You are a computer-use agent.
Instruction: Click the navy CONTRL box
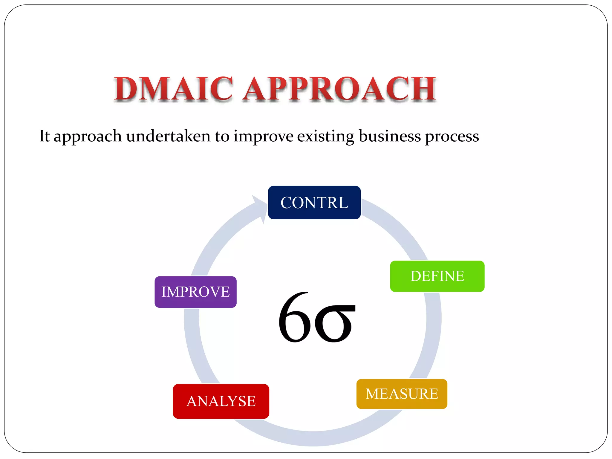coord(314,203)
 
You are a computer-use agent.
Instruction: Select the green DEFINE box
coord(437,276)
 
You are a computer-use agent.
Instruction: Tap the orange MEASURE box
coord(402,394)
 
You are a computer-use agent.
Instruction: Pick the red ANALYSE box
coord(221,401)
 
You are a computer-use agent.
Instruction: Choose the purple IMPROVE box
coord(195,292)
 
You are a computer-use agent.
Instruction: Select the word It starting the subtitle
coord(45,136)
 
